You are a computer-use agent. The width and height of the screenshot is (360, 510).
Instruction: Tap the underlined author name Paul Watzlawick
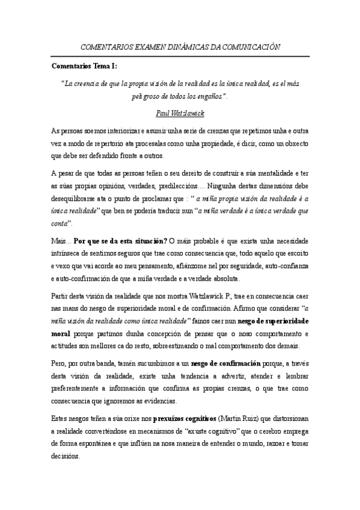pos(180,112)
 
